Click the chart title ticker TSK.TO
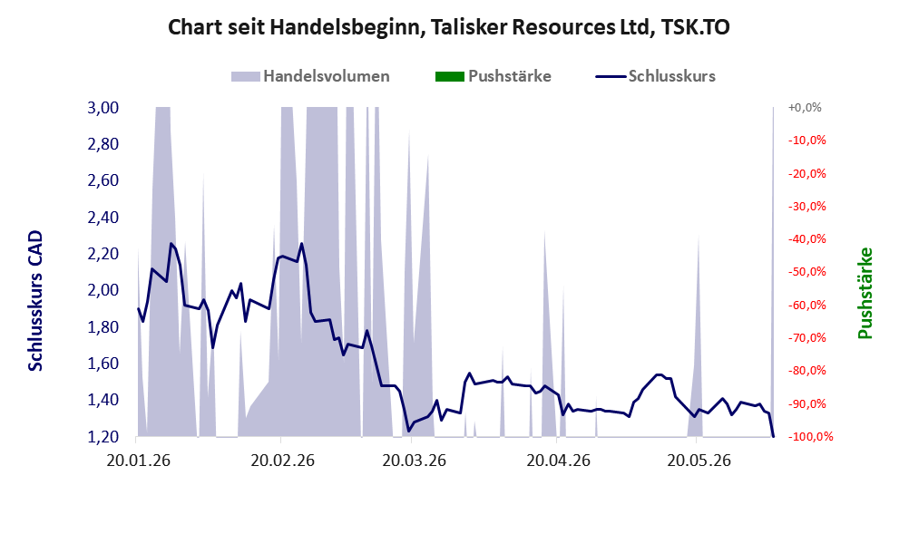[x=695, y=27]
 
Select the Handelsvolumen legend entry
[x=310, y=76]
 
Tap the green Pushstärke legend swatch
[x=450, y=76]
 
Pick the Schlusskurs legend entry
[x=655, y=76]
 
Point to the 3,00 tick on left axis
[x=103, y=107]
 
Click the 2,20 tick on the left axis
[x=103, y=254]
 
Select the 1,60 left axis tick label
[x=103, y=364]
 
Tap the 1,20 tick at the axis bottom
[x=103, y=437]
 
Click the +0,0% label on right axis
[x=805, y=107]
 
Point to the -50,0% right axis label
[x=807, y=272]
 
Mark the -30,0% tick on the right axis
[x=807, y=206]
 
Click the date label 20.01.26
[x=138, y=461]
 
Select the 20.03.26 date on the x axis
[x=414, y=461]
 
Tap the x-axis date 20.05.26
[x=699, y=461]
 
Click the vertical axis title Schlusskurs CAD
[x=35, y=300]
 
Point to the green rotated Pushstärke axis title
[x=865, y=293]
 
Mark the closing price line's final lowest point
[x=773, y=436]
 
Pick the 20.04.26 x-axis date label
[x=559, y=461]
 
